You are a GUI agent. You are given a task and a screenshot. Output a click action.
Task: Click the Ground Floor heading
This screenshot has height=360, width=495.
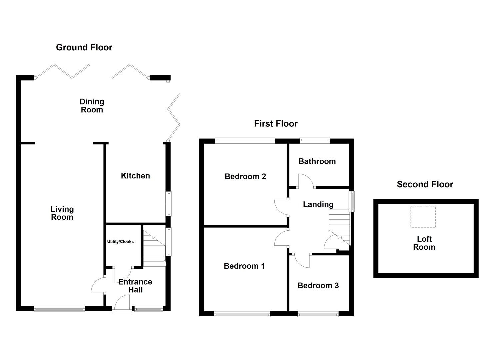84,47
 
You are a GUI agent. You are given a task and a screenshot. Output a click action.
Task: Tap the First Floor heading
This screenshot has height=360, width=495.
276,124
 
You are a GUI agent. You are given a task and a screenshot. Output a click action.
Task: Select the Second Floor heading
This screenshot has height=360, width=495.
425,184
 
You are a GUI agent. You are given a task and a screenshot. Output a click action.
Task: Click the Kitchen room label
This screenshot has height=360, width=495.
135,176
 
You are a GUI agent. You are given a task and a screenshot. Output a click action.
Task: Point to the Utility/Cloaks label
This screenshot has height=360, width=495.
120,241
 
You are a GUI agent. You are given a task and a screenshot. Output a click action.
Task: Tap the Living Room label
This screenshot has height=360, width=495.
62,213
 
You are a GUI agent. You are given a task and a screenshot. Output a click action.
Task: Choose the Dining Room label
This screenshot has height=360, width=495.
92,106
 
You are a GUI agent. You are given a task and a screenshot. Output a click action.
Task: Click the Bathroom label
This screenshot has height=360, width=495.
317,161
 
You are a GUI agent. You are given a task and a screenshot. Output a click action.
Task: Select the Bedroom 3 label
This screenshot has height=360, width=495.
318,285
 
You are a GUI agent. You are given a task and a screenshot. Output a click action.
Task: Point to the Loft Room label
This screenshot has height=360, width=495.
424,243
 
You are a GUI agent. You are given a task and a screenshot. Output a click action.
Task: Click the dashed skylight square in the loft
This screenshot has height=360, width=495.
423,217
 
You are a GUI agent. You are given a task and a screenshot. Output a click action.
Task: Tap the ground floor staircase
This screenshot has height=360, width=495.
154,247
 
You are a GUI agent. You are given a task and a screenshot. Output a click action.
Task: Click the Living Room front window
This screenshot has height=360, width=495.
59,309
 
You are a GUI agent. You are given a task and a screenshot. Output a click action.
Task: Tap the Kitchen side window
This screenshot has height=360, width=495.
169,204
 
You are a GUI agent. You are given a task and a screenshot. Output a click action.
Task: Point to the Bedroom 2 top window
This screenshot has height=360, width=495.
245,141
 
